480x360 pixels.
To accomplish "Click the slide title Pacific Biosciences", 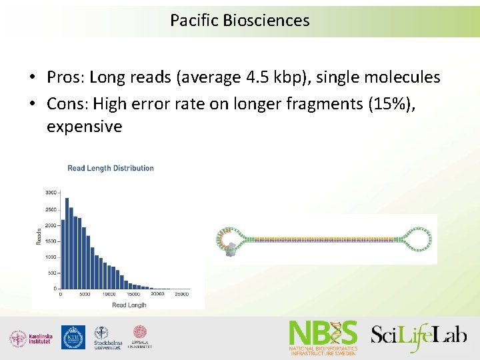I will [x=239, y=21].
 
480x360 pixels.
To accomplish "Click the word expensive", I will [x=84, y=127].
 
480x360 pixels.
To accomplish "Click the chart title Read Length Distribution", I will [x=111, y=168].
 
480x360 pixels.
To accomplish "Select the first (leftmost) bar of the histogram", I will [x=62, y=254].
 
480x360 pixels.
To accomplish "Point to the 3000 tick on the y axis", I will [x=51, y=193].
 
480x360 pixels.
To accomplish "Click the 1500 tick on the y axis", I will [x=51, y=241].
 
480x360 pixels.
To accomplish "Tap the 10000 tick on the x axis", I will [x=109, y=294].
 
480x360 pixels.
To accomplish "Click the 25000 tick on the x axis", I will [x=181, y=294].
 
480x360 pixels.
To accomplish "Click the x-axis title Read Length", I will [x=129, y=305].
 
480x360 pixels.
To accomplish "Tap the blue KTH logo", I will [x=73, y=337].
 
